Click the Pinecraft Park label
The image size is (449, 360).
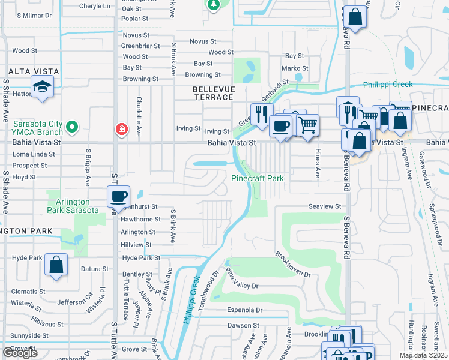[257, 178]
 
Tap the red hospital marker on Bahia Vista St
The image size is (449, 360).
[121, 130]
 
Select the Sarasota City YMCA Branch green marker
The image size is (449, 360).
[72, 127]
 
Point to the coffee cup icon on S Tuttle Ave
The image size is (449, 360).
[119, 197]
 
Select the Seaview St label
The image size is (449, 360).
[325, 206]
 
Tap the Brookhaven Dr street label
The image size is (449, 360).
[294, 264]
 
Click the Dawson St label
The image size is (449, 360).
[243, 325]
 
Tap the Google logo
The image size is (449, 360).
[20, 352]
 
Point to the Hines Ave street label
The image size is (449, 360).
[318, 164]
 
